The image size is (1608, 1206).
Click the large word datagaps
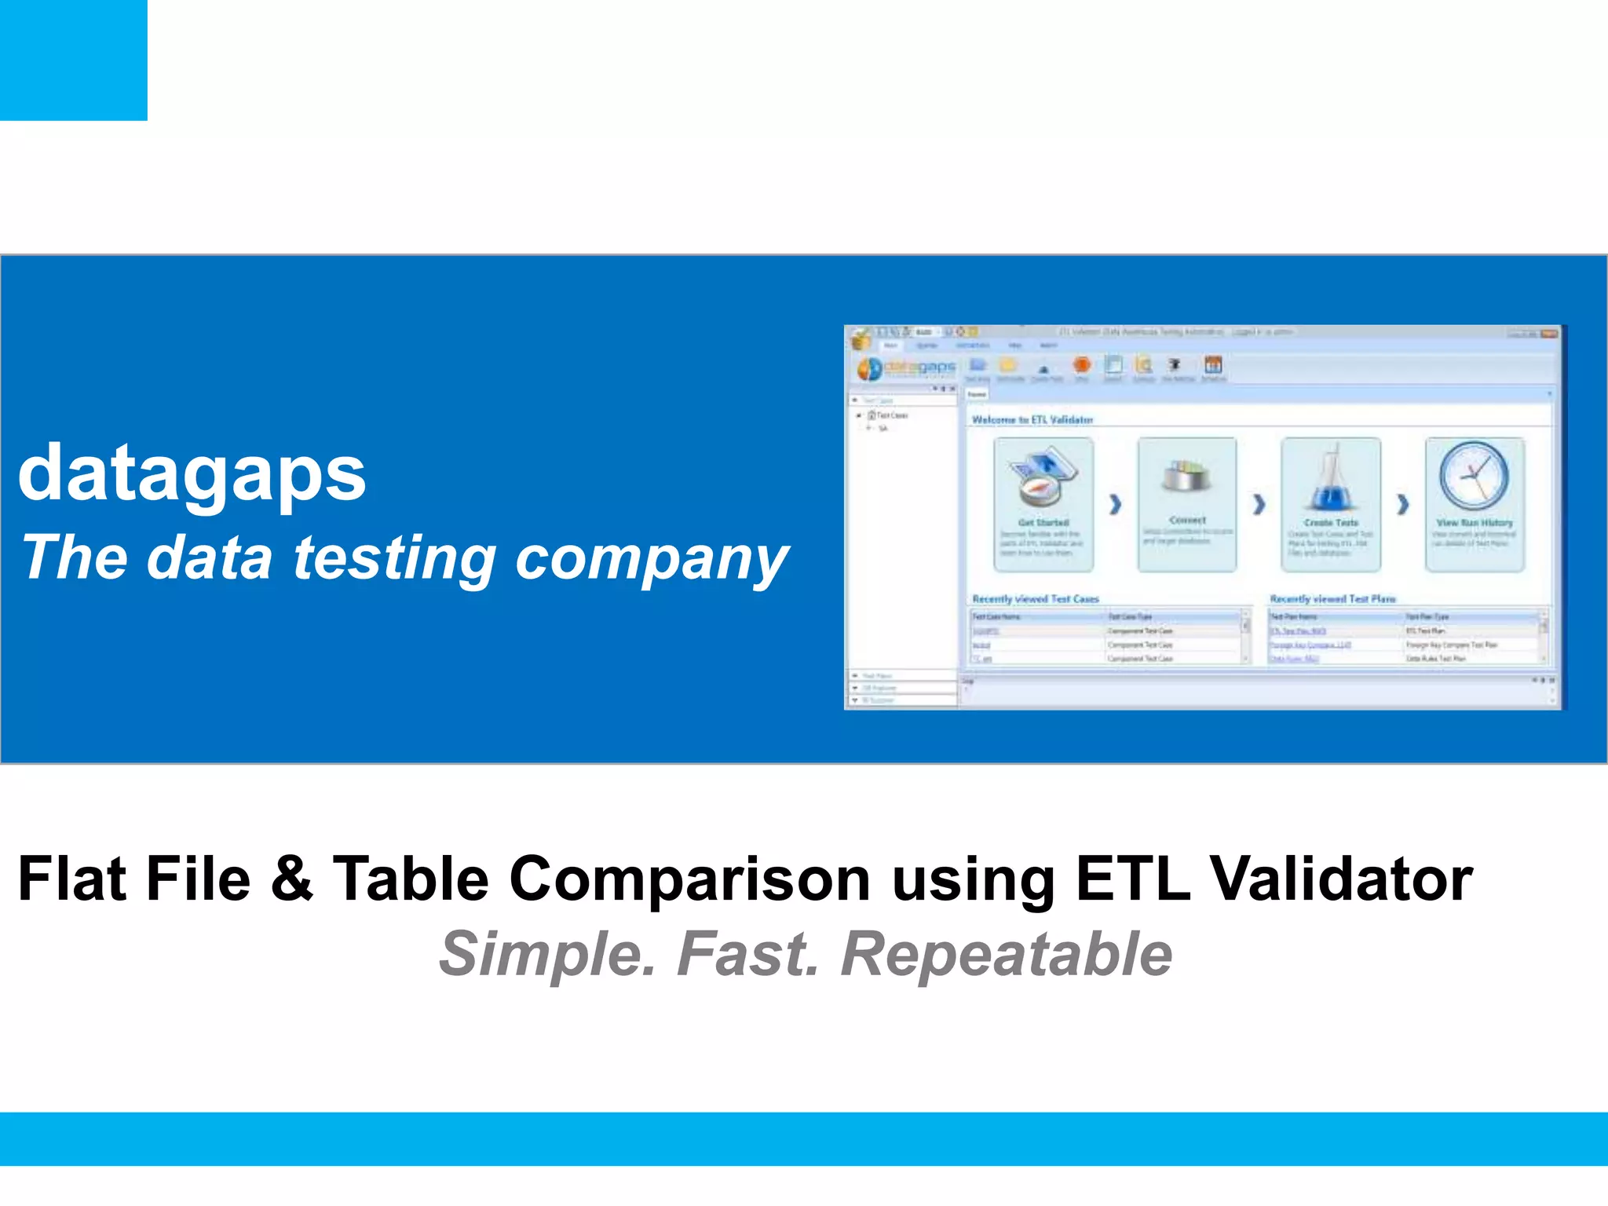[192, 474]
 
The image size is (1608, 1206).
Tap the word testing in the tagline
[394, 557]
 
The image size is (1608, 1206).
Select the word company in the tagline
[651, 559]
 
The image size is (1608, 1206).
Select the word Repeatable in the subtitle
[1007, 955]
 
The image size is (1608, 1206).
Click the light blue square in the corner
[73, 60]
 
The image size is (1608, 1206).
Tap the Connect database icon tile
[1186, 503]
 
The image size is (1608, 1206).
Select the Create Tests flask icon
[1330, 478]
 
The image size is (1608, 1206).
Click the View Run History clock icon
[1474, 476]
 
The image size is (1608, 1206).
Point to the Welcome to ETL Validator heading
[1032, 420]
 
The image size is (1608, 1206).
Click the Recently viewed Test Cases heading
[1035, 599]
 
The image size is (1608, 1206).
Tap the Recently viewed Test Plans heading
[1332, 599]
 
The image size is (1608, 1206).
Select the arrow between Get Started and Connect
[1115, 504]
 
